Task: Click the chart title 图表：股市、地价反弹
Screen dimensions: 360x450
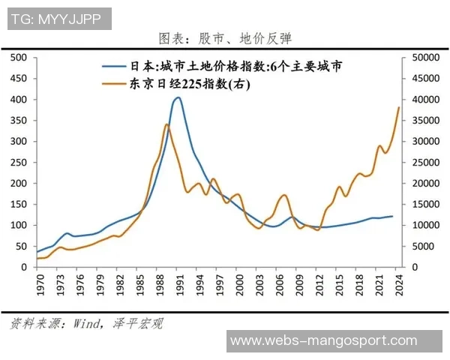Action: tap(226, 38)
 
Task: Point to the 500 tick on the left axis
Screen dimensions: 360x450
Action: tap(19, 58)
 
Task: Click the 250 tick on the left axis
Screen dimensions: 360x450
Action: tap(19, 163)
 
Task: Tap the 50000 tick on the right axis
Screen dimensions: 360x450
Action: tap(421, 58)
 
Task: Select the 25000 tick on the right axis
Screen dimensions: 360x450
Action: tap(421, 163)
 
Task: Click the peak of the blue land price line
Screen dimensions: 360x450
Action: tap(178, 97)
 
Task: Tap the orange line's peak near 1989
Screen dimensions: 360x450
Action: tap(166, 124)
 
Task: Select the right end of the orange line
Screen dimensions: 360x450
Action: tap(399, 107)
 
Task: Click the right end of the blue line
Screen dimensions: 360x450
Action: tap(392, 216)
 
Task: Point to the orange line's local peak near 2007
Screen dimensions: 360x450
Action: tap(283, 195)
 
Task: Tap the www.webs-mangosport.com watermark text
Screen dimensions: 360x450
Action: tap(323, 341)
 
